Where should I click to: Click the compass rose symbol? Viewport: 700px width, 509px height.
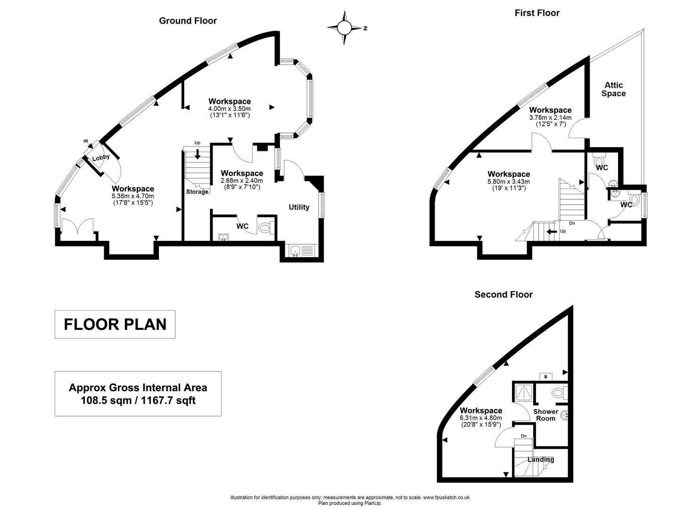point(344,28)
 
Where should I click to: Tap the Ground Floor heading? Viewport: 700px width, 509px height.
point(188,21)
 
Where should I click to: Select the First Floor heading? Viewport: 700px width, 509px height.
point(537,13)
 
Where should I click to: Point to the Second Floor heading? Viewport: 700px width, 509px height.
point(503,295)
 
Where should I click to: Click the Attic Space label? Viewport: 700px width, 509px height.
point(613,89)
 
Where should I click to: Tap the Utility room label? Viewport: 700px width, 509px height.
point(299,207)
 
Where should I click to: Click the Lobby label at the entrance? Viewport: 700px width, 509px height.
point(101,158)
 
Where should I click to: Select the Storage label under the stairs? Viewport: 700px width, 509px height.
point(197,192)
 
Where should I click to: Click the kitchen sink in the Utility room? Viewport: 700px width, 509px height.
point(296,251)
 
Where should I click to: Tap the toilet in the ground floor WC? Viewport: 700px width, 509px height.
point(265,228)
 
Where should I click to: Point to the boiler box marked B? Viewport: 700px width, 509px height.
point(546,377)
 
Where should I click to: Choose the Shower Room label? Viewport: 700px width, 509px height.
point(545,415)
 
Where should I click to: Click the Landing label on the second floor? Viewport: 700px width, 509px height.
point(541,460)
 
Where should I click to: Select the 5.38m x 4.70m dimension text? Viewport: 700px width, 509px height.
point(133,196)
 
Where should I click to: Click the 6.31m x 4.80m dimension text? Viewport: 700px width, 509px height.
point(481,418)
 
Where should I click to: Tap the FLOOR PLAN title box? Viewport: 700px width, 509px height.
point(115,324)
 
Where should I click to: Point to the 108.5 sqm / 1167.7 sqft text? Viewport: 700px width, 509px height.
point(138,401)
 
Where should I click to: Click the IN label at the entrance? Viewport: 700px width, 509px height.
point(86,141)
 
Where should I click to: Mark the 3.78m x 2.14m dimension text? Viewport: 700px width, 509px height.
point(550,117)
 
